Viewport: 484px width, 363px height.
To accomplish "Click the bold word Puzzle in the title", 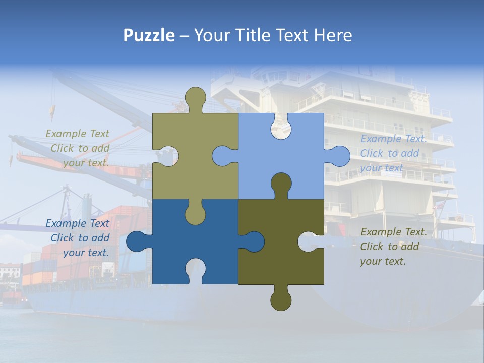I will [x=149, y=35].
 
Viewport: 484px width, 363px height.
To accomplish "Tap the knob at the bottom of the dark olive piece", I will [x=281, y=298].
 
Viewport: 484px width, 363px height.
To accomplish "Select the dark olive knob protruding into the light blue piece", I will [x=281, y=184].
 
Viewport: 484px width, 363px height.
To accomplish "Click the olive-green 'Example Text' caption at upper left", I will [x=78, y=134].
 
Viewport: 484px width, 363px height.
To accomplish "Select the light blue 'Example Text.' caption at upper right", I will [x=394, y=139].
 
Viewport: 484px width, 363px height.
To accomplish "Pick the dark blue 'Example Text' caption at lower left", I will [x=78, y=223].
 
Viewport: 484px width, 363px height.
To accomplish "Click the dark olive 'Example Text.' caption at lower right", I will [x=394, y=232].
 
